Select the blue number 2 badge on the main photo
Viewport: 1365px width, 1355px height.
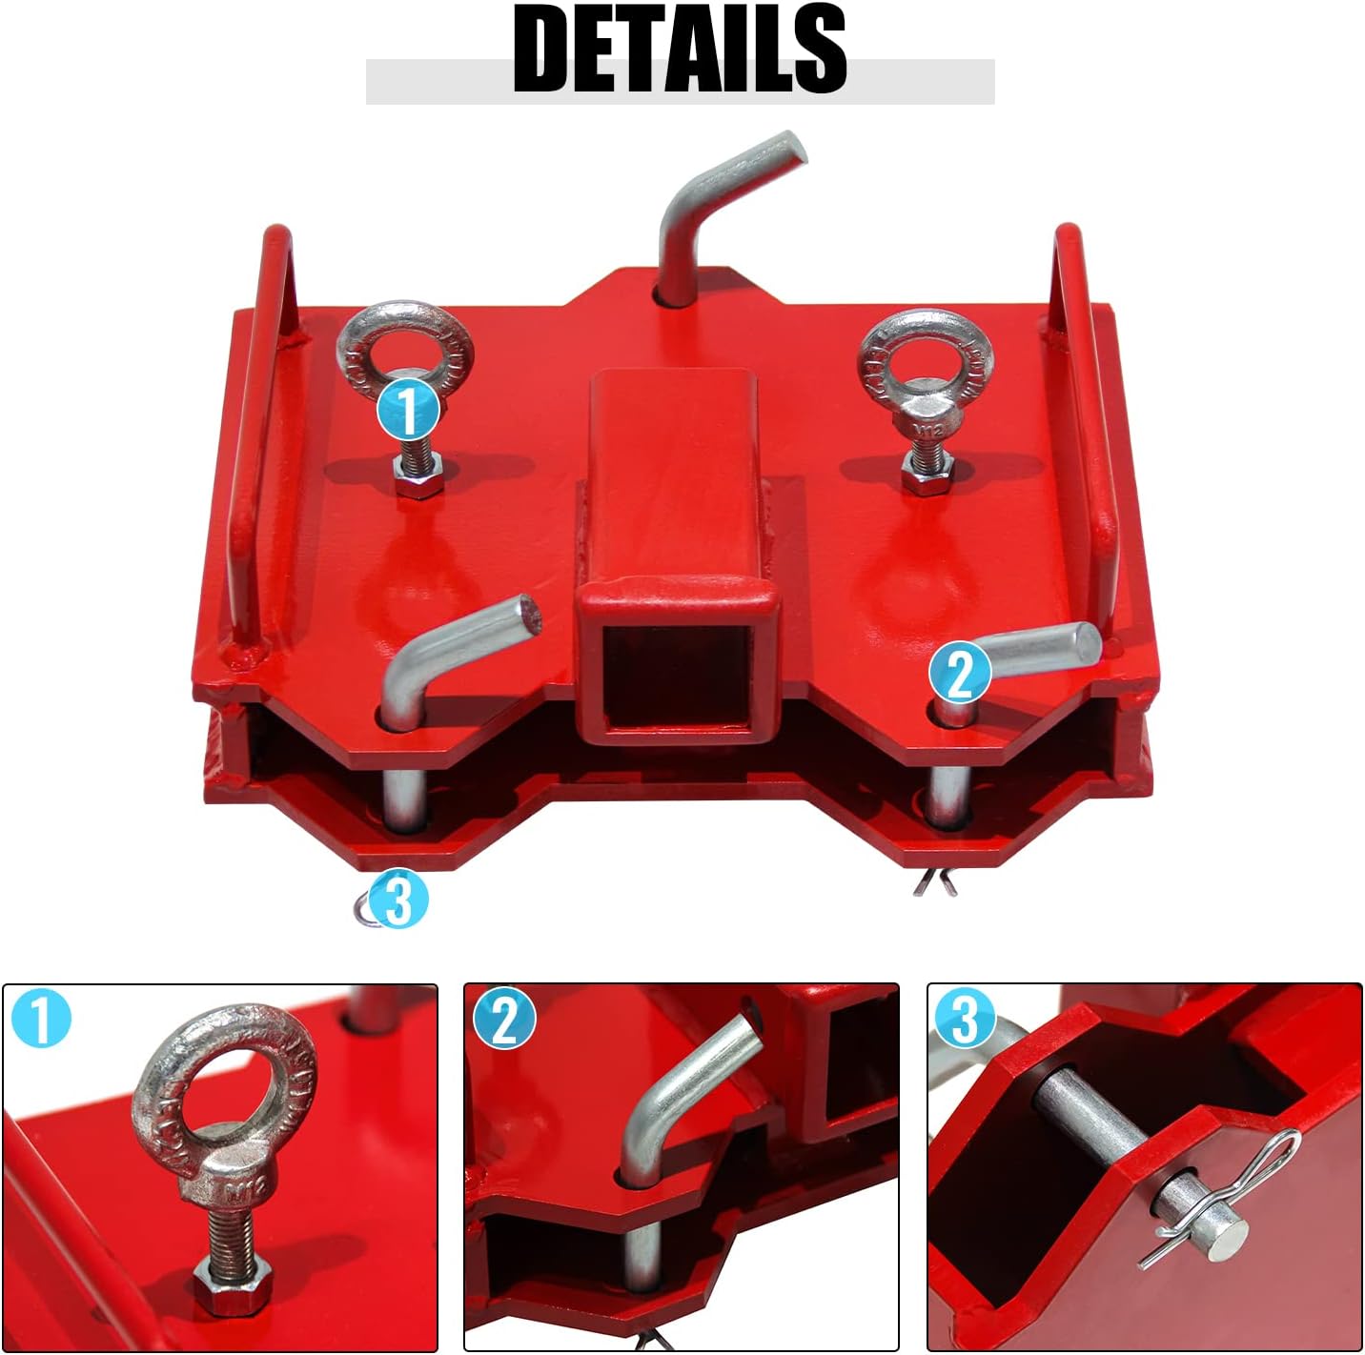(960, 673)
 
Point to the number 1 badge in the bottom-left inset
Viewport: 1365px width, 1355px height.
(42, 1019)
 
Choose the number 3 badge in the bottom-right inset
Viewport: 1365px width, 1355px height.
(965, 1019)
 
